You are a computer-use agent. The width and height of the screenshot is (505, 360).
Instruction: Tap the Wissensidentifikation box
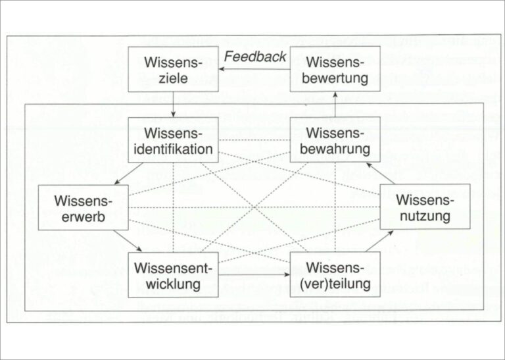click(x=173, y=140)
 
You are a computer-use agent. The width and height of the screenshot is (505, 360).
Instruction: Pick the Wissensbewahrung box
click(x=335, y=140)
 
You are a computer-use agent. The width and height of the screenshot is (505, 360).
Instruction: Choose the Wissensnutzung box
click(x=425, y=207)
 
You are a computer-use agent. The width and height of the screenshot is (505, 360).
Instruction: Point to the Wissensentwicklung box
click(x=173, y=274)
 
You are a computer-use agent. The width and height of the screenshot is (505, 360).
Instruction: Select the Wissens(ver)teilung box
click(x=335, y=274)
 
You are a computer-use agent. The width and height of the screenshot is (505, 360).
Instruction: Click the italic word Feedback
click(x=255, y=57)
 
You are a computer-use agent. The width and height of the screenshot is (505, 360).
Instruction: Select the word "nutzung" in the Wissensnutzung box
click(x=425, y=215)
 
